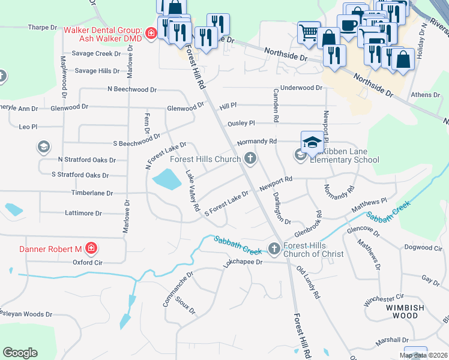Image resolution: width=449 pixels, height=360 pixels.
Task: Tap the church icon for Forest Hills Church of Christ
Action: coord(274,248)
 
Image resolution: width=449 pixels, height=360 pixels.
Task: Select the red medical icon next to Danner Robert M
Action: coord(91,248)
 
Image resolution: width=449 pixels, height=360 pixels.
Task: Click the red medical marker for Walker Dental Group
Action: coord(151,33)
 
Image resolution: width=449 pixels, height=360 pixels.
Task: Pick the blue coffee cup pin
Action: coord(348,24)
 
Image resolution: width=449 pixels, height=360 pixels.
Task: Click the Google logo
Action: coord(20,353)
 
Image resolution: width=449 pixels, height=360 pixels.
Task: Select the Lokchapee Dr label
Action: coord(243,262)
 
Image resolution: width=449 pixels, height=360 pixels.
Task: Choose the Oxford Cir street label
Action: coord(88,262)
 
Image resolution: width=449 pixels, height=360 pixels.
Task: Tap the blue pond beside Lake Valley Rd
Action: coord(166,178)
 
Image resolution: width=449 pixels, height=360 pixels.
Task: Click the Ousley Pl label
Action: coord(241,123)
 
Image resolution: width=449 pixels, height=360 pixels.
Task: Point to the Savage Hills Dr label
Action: coord(97,71)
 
